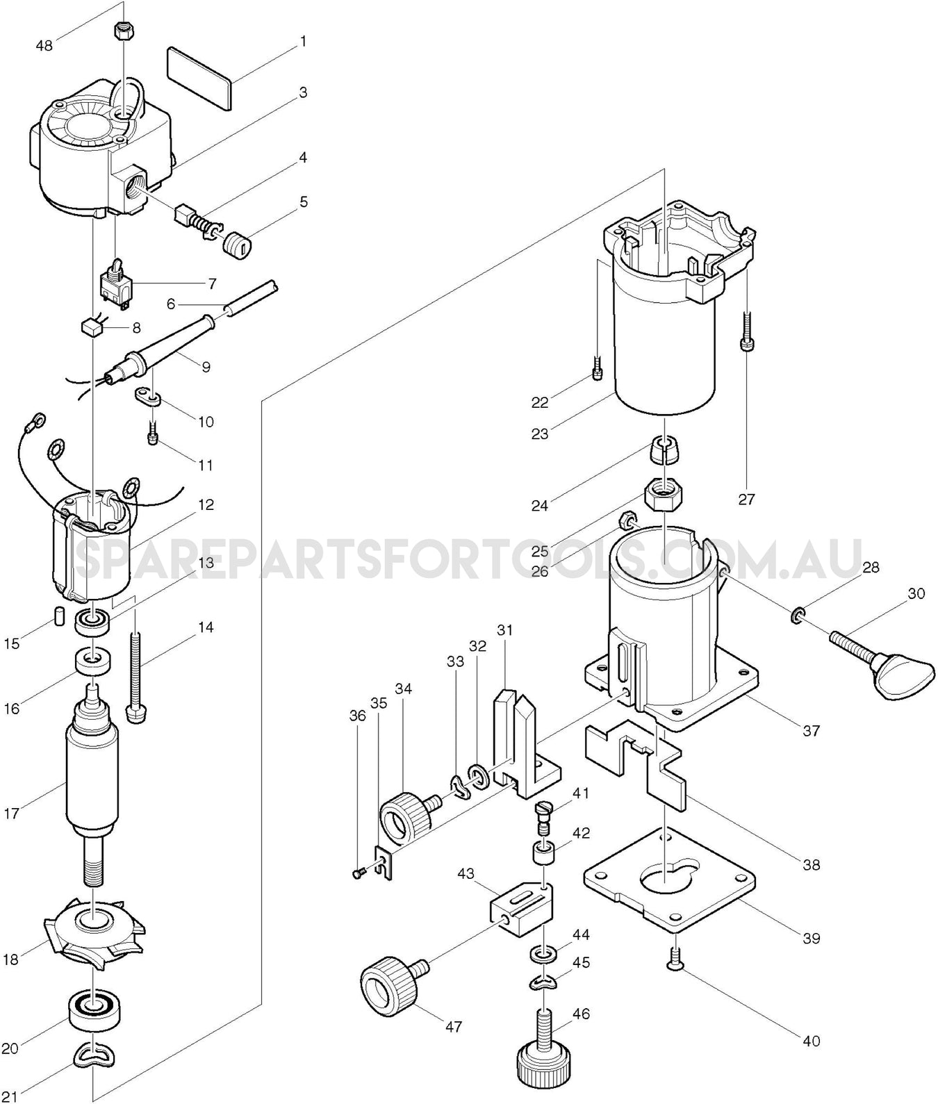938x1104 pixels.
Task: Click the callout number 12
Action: pos(206,504)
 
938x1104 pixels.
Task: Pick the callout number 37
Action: pos(811,730)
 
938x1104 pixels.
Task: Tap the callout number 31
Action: pos(504,630)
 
